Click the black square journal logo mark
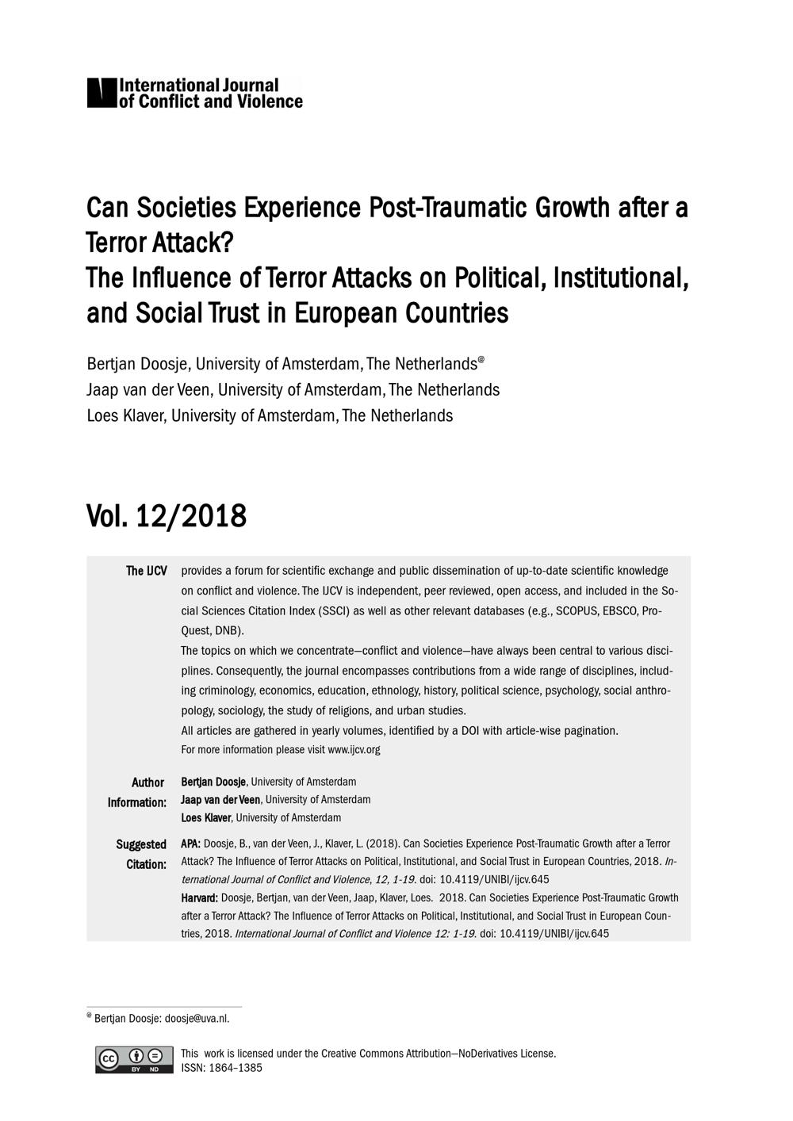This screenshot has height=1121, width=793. [102, 93]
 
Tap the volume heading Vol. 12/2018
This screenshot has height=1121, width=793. [167, 516]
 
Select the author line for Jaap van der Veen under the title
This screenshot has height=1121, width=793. [293, 390]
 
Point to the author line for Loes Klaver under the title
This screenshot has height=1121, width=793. [270, 415]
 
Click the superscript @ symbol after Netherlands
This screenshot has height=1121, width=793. [481, 359]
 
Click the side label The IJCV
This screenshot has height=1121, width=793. [147, 571]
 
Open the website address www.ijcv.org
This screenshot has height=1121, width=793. [354, 750]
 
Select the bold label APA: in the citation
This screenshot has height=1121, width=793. [190, 844]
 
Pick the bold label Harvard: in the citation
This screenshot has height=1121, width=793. [199, 898]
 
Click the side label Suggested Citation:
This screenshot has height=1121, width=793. [142, 854]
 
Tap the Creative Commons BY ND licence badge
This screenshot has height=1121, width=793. [134, 1060]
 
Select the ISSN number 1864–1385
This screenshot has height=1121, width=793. [236, 1068]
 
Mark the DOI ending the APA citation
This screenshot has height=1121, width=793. [483, 879]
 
